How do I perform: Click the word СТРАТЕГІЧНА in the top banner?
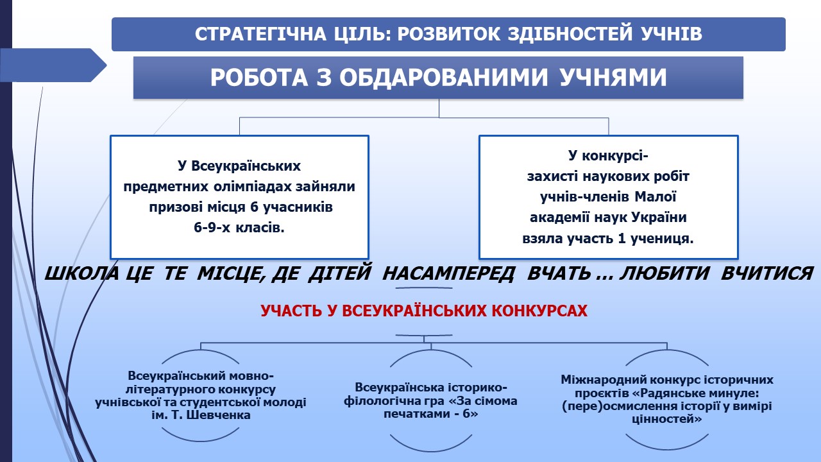point(260,34)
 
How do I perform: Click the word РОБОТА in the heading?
point(258,78)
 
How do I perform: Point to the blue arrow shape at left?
point(53,65)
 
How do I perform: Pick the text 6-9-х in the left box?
point(212,228)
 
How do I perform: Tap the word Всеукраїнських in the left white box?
point(246,166)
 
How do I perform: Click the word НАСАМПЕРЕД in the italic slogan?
point(448,273)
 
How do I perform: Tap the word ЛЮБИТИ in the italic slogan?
point(664,273)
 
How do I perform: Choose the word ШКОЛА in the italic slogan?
point(81,273)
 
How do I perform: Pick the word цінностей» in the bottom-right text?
point(666,419)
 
